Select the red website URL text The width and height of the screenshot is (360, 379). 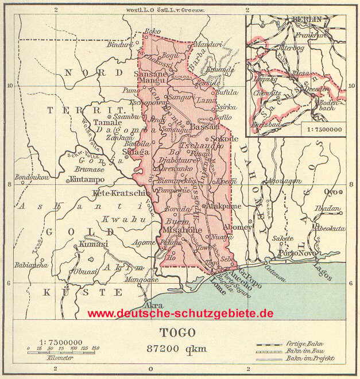coord(180,314)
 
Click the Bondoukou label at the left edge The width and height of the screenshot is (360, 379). coord(32,177)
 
